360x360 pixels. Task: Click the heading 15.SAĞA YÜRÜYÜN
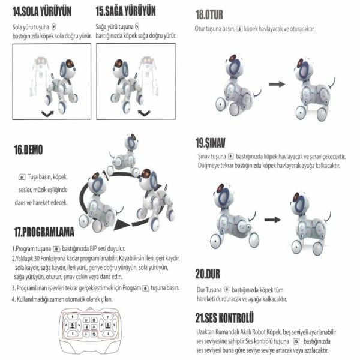(x=125, y=11)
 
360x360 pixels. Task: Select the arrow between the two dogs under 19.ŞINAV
(x=272, y=220)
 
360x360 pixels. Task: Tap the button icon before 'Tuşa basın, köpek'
(x=22, y=178)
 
